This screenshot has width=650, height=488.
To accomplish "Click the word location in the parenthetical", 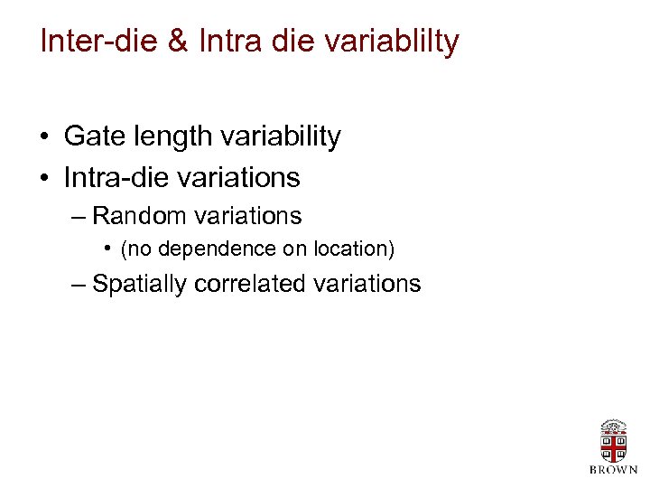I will click(354, 248).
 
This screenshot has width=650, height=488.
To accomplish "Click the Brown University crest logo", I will click(613, 441).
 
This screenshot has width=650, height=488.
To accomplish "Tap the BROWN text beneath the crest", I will click(613, 469).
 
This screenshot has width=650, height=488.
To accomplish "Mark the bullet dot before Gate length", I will click(43, 138).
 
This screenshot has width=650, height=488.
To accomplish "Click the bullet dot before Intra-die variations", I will click(43, 178).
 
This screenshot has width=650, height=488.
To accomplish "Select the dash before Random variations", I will click(78, 217).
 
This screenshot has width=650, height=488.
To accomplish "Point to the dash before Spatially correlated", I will click(78, 285).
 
